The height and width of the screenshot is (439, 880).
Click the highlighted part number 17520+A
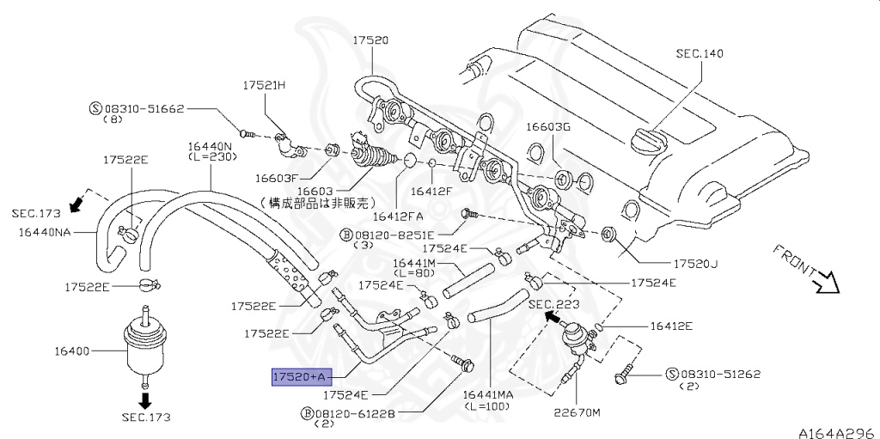(x=300, y=377)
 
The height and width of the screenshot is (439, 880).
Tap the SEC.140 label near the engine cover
(x=700, y=53)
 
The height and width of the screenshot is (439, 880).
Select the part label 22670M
(x=577, y=412)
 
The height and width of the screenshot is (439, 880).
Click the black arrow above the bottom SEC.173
(x=145, y=399)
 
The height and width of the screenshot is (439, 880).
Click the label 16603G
(x=548, y=127)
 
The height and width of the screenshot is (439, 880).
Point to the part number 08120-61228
(x=355, y=414)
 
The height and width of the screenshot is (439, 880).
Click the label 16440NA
(x=42, y=232)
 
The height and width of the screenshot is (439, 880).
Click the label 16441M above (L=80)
(x=414, y=263)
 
